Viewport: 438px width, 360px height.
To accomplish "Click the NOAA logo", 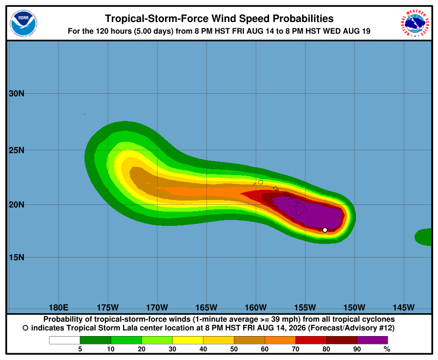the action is pyautogui.click(x=23, y=23).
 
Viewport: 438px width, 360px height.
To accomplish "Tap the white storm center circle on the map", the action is pyautogui.click(x=325, y=230).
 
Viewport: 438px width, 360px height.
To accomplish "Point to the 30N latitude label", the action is pyautogui.click(x=17, y=94).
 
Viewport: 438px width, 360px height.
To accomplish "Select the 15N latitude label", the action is pyautogui.click(x=17, y=257).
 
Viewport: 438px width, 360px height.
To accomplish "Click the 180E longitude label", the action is pyautogui.click(x=59, y=307).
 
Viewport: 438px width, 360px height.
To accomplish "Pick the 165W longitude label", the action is pyautogui.click(x=207, y=307).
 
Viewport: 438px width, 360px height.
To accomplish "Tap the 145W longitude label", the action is pyautogui.click(x=404, y=307).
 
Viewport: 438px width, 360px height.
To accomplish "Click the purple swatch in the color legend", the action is pyautogui.click(x=373, y=340).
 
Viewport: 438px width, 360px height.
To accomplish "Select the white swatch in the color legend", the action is pyautogui.click(x=64, y=340).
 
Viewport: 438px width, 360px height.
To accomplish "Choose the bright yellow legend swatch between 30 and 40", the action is pyautogui.click(x=188, y=340).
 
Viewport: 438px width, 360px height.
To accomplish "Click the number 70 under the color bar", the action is pyautogui.click(x=295, y=349).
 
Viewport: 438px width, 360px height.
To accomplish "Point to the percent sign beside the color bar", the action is pyautogui.click(x=387, y=349).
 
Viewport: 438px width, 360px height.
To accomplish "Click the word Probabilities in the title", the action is pyautogui.click(x=303, y=19).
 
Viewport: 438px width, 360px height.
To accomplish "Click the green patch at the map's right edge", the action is pyautogui.click(x=424, y=237).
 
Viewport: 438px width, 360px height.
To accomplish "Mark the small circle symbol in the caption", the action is pyautogui.click(x=25, y=328).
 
